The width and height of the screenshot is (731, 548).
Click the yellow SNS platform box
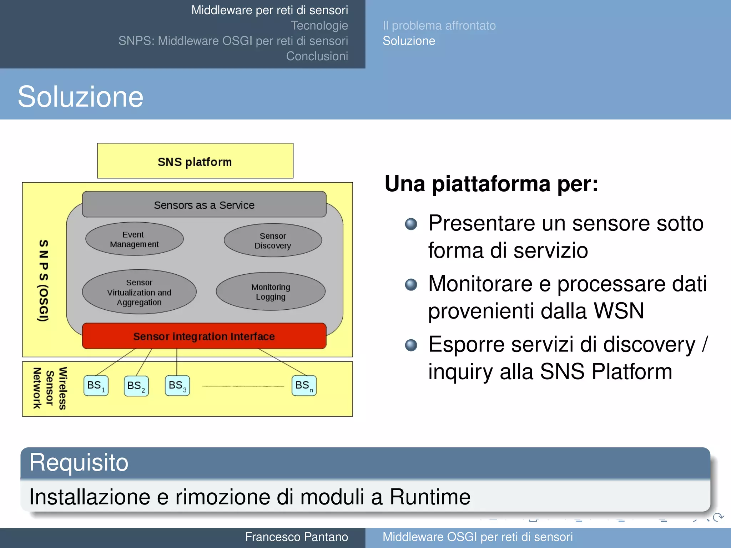pyautogui.click(x=195, y=161)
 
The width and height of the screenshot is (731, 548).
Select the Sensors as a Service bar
pyautogui.click(x=204, y=205)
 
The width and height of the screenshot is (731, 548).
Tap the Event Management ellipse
pyautogui.click(x=135, y=239)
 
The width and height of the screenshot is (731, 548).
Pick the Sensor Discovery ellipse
pyautogui.click(x=273, y=240)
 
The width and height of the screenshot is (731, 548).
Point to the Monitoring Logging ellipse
pyautogui.click(x=271, y=291)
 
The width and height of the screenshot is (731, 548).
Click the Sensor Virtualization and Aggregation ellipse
pyautogui.click(x=139, y=292)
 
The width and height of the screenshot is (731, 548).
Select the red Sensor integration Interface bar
pyautogui.click(x=204, y=336)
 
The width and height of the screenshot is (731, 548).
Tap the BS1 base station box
pyautogui.click(x=96, y=386)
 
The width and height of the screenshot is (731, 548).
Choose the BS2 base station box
pyautogui.click(x=136, y=386)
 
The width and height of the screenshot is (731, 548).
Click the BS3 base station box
pyautogui.click(x=177, y=386)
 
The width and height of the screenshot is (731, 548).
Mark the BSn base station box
pyautogui.click(x=304, y=386)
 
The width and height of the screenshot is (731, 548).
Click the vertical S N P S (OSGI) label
pyautogui.click(x=43, y=280)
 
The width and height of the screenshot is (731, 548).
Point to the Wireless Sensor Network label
pyautogui.click(x=50, y=389)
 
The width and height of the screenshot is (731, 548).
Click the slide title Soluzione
pyautogui.click(x=81, y=97)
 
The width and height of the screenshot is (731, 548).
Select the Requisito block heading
pyautogui.click(x=79, y=462)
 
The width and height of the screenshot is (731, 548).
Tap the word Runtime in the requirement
pyautogui.click(x=430, y=497)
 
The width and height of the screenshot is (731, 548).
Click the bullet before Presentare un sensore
pyautogui.click(x=411, y=224)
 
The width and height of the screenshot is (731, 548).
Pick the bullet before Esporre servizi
pyautogui.click(x=411, y=345)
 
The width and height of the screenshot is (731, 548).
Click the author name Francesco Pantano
pyautogui.click(x=296, y=537)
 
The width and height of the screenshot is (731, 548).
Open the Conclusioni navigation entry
pyautogui.click(x=317, y=56)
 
